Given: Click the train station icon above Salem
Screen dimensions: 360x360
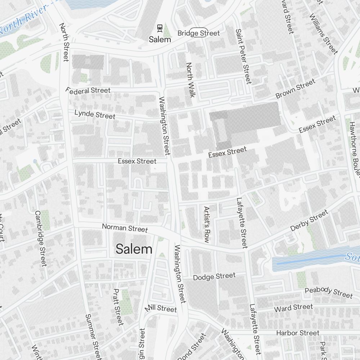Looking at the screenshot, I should (159, 28).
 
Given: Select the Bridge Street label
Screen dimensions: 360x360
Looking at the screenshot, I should (198, 33).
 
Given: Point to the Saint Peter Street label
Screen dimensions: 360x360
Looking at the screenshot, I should (243, 56).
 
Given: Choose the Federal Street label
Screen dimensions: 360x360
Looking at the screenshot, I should (88, 90).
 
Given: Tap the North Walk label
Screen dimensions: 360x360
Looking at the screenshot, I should (190, 80).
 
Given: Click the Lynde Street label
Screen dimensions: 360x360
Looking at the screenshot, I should (95, 114).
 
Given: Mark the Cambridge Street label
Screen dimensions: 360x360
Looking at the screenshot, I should (40, 238).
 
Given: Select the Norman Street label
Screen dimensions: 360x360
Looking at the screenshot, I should (125, 228).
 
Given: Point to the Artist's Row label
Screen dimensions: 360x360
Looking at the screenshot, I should (207, 225).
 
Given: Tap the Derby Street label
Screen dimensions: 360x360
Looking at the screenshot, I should (309, 220).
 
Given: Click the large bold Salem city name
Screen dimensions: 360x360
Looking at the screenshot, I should (134, 249).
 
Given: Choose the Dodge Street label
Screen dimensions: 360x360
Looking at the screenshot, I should (214, 276).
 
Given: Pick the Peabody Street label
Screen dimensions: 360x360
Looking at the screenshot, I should (329, 292).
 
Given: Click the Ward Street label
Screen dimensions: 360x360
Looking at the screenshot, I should (293, 308).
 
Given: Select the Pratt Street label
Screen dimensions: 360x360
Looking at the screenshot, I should (118, 306).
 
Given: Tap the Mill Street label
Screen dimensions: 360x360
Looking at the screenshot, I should (161, 309).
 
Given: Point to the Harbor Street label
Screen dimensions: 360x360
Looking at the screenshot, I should (298, 333).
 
